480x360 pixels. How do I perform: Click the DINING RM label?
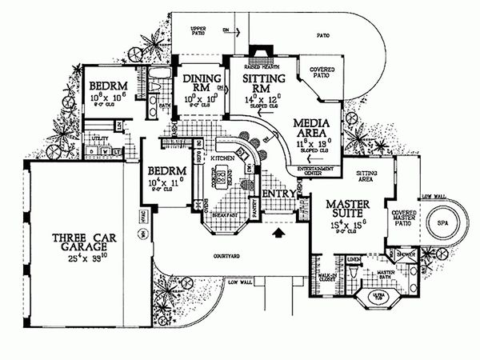pos(196,83)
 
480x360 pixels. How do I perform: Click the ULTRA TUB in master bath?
pos(377,299)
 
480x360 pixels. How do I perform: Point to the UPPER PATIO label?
pos(198,31)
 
